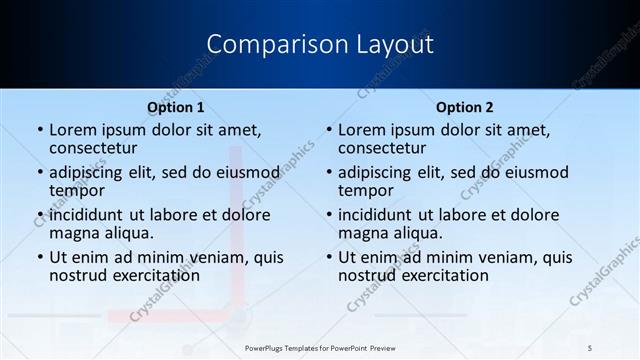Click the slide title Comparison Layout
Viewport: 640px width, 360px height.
(319, 45)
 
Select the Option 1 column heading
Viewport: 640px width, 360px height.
(176, 107)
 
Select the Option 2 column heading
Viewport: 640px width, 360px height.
(465, 107)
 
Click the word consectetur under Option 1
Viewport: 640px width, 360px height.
(93, 149)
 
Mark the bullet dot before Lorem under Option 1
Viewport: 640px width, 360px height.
(39, 130)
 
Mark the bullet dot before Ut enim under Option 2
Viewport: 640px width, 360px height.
(328, 257)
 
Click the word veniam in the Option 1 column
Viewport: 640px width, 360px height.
(210, 257)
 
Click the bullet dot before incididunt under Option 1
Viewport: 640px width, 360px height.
(39, 215)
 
